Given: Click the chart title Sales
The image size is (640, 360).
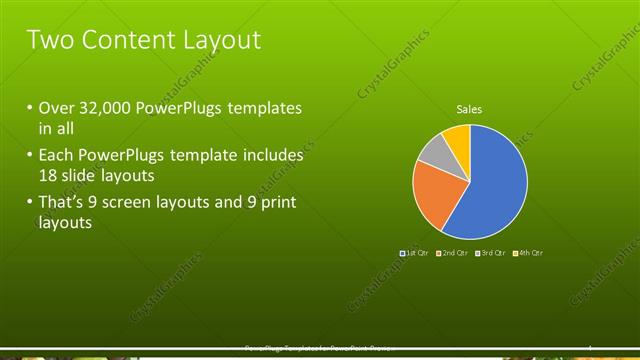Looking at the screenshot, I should pos(469,108).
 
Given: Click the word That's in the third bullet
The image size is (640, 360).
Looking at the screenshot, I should pos(63,204).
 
